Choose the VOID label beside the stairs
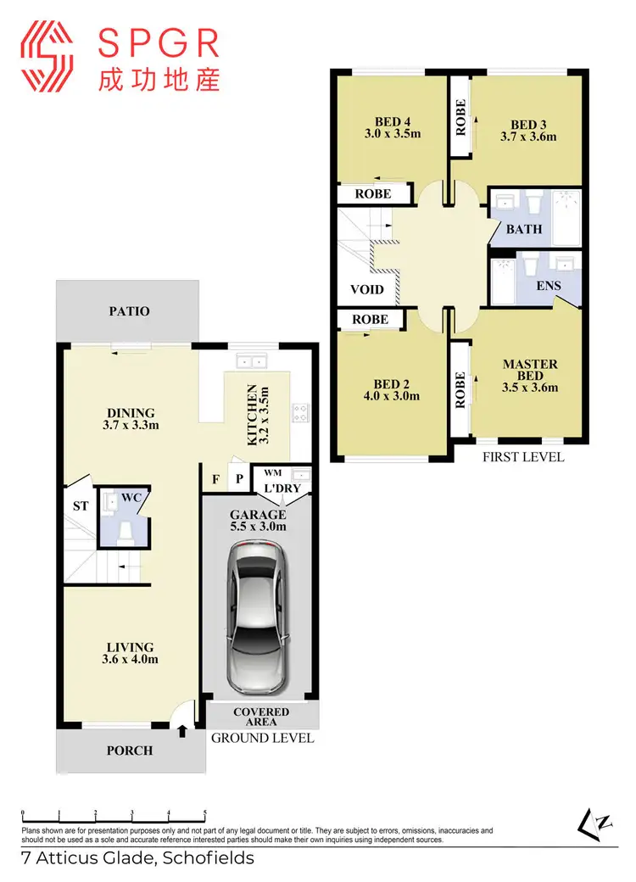[367, 289]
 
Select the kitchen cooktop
[301, 413]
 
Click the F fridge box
[216, 479]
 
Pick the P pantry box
[239, 479]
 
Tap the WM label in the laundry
[272, 472]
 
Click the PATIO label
[129, 311]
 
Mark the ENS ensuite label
[549, 286]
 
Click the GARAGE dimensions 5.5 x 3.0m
[259, 527]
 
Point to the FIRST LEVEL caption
[523, 457]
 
